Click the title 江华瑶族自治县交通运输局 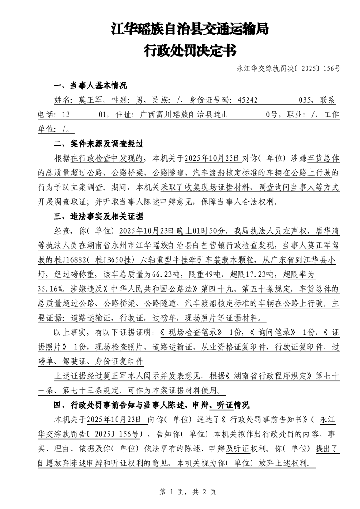click(190, 30)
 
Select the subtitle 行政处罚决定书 click(190, 50)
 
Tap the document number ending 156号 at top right click(289, 69)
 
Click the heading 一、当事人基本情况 click(90, 86)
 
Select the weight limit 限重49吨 click(208, 274)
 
